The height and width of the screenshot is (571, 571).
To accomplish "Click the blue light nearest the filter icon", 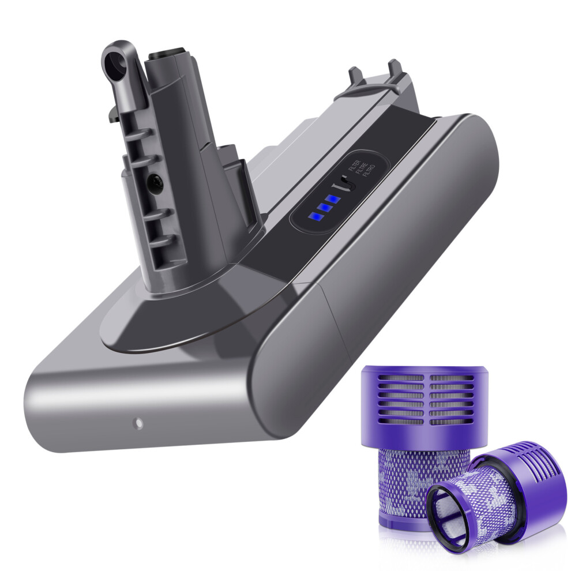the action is click(x=333, y=200).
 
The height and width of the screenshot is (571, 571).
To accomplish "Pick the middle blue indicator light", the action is click(x=324, y=208).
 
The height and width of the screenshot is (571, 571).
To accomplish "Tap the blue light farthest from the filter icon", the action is click(x=315, y=217).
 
